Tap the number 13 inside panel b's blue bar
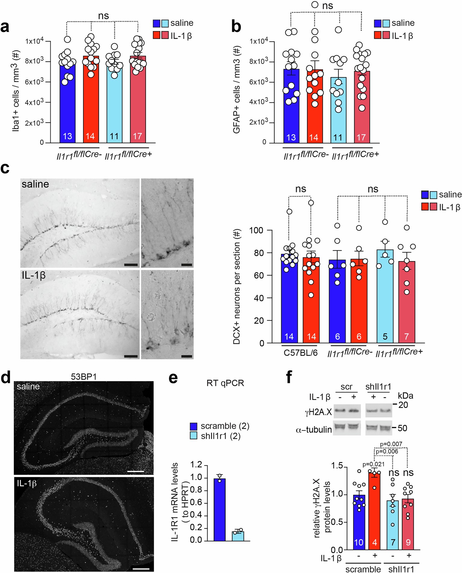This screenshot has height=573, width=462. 291,138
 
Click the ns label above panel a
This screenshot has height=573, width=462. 103,16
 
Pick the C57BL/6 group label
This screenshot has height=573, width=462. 300,353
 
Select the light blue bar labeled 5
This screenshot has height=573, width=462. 385,297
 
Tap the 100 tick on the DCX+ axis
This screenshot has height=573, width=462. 256,230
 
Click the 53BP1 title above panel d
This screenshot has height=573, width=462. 84,377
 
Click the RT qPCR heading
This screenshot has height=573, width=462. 225,383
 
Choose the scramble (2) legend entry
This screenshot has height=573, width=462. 220,426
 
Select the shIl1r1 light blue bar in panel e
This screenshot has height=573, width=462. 238,536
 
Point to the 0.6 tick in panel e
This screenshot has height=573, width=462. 196,503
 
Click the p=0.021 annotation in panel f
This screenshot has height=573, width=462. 373,464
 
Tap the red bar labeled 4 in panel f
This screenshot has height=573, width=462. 374,511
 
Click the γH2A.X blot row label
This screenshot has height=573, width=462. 318,412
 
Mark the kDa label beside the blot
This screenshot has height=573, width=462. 405,395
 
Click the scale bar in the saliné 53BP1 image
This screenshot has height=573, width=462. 135,471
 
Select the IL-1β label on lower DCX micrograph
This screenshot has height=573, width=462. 33,275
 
